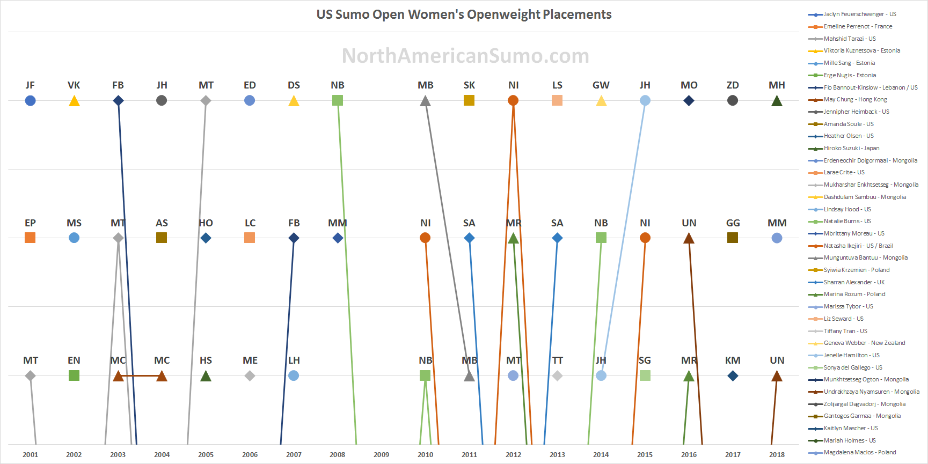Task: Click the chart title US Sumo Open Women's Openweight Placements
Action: tap(464, 14)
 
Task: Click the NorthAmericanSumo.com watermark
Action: tap(465, 56)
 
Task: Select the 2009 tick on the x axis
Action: tap(381, 454)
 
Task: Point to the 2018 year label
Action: tap(777, 454)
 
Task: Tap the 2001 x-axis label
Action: tap(30, 454)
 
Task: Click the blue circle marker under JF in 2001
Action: tap(30, 100)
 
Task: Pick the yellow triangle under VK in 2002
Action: tap(74, 101)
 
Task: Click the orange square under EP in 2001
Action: tap(30, 238)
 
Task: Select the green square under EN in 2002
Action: tap(74, 375)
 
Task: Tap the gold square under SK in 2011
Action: tap(469, 100)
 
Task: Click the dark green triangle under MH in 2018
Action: tap(777, 101)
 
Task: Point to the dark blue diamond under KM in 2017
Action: tap(733, 375)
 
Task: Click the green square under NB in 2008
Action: tap(338, 100)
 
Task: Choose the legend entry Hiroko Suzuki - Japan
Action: tap(851, 148)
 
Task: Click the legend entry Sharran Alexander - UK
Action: tap(854, 282)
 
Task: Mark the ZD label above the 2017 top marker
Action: tap(733, 85)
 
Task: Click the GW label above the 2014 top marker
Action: tap(601, 85)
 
